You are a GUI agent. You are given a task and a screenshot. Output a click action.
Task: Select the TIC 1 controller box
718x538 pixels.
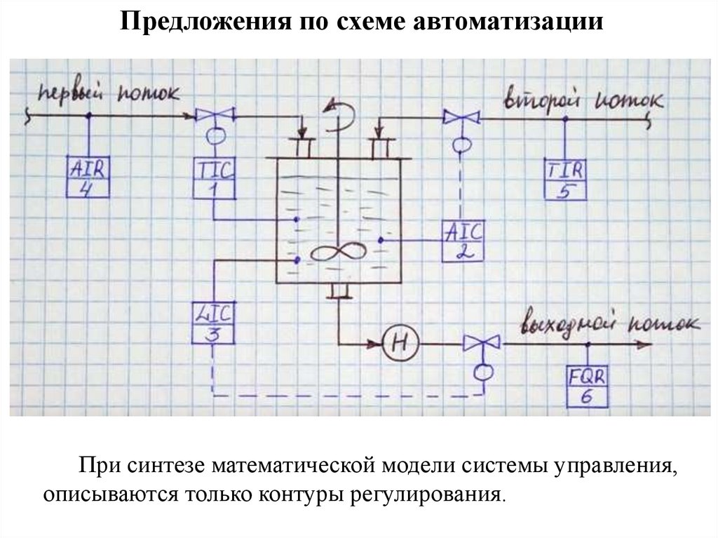tap(214, 178)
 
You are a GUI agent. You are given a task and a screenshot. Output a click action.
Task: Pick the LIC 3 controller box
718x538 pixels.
tap(212, 323)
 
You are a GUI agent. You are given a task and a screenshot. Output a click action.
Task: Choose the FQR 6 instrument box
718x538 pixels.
tap(587, 386)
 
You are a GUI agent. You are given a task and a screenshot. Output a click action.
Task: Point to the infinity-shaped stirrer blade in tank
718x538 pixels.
tap(338, 253)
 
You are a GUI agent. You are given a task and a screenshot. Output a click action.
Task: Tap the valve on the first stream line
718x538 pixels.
tap(215, 114)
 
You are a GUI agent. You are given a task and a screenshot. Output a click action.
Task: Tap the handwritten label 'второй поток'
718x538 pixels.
tap(582, 100)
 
